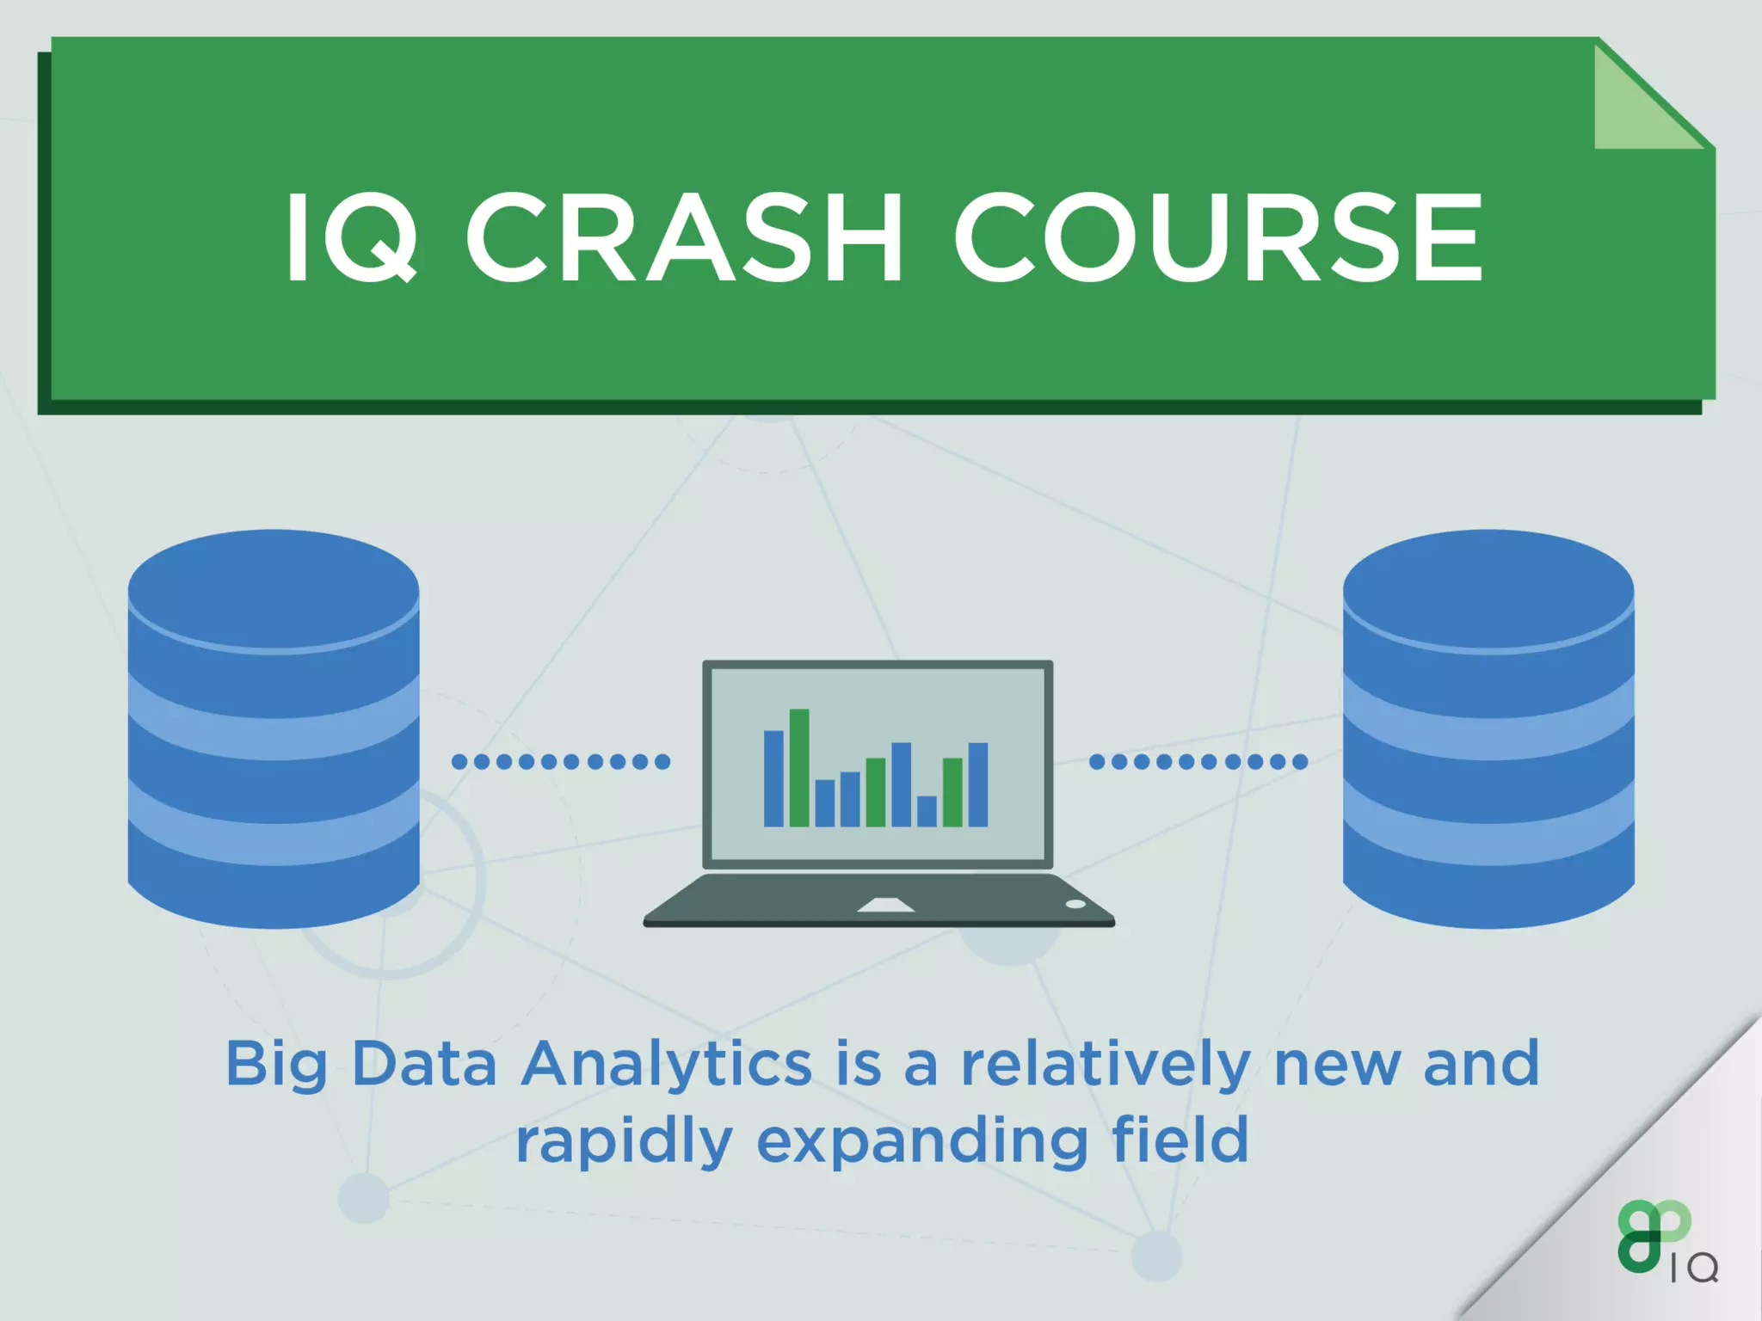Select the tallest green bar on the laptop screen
799,767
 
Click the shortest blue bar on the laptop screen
927,811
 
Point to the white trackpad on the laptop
885,905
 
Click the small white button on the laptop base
1075,904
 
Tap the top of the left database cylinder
274,589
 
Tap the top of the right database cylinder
1488,589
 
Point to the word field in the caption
1180,1140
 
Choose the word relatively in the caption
1106,1065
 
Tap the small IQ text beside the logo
1694,1268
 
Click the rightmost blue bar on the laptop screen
978,783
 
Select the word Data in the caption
424,1065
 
